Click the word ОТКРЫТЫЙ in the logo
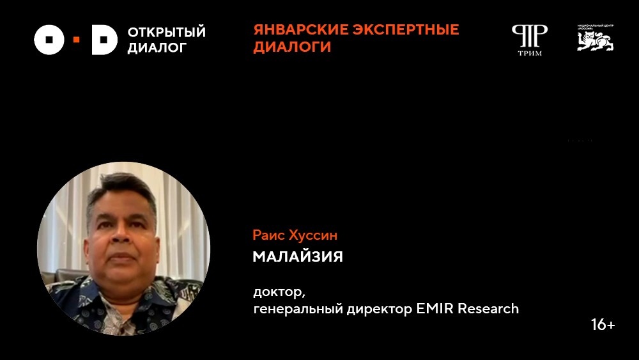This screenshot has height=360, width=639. pyautogui.click(x=166, y=32)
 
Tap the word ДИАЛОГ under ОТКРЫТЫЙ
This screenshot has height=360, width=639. pyautogui.click(x=157, y=47)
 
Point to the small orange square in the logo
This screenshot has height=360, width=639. pyautogui.click(x=77, y=40)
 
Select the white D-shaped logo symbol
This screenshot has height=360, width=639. pyautogui.click(x=104, y=40)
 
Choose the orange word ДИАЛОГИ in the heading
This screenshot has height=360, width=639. pyautogui.click(x=292, y=47)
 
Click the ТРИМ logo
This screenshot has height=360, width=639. pyautogui.click(x=529, y=40)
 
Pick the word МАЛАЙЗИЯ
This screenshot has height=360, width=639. pyautogui.click(x=298, y=257)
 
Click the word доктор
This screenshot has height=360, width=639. pyautogui.click(x=279, y=293)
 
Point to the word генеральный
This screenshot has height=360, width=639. pyautogui.click(x=291, y=309)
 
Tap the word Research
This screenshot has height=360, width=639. pyautogui.click(x=488, y=309)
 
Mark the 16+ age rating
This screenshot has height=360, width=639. pyautogui.click(x=603, y=325)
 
